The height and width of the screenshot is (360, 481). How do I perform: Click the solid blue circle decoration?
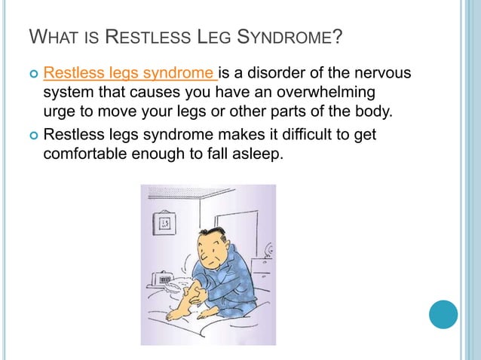(443, 313)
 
